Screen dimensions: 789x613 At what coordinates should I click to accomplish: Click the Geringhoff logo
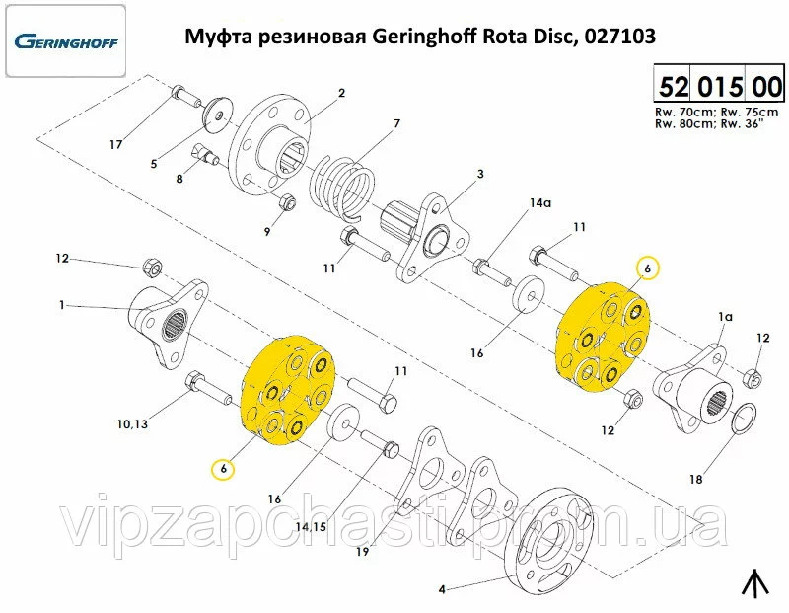click(66, 41)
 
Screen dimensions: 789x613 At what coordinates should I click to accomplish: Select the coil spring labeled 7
click(342, 188)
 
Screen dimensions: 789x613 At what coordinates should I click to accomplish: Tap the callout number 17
click(115, 145)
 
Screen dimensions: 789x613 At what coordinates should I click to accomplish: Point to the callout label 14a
click(540, 203)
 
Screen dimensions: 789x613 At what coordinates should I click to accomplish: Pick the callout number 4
click(442, 589)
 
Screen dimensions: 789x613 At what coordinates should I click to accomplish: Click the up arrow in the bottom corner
click(755, 582)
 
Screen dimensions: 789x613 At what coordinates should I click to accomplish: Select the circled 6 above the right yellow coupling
click(648, 268)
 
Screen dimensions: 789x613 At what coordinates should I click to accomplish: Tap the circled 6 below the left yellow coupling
click(224, 469)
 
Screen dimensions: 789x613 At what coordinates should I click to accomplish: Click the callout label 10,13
click(132, 424)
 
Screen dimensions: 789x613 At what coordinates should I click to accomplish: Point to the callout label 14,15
click(311, 527)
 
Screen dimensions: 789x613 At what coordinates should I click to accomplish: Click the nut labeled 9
click(287, 202)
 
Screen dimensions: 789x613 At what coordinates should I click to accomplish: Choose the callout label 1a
click(725, 316)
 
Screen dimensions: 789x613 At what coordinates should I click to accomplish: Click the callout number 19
click(362, 552)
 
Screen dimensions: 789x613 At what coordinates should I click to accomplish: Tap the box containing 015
click(720, 86)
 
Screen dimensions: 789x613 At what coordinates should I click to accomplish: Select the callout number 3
click(480, 174)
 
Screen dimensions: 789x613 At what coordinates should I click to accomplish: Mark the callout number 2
click(341, 93)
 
